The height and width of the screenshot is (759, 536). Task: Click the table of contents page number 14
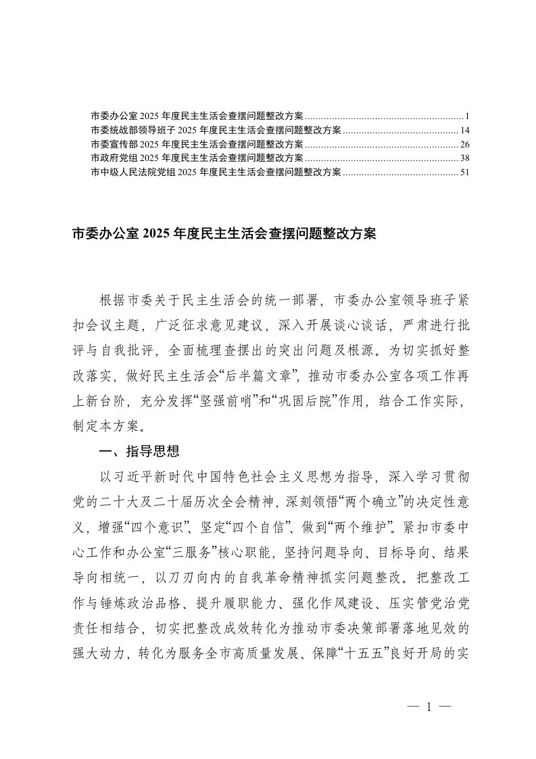(x=464, y=129)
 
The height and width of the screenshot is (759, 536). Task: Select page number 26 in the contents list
(x=464, y=143)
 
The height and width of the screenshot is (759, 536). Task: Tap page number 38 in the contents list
(x=464, y=158)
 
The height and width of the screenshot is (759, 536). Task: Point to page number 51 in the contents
(x=464, y=172)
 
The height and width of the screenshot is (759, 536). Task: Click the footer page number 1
(x=429, y=707)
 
